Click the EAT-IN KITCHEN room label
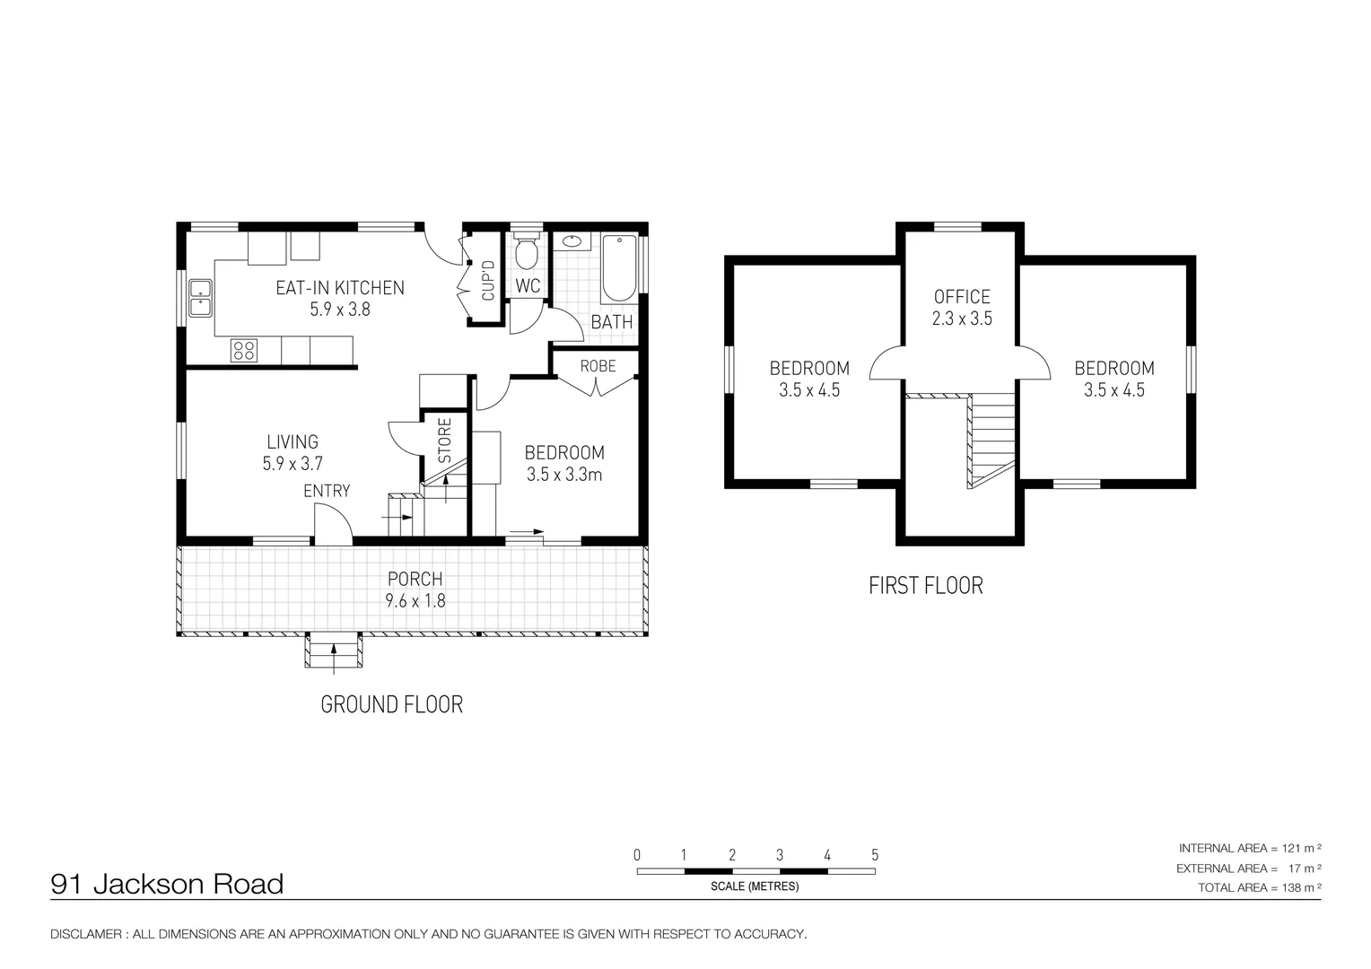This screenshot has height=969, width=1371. pos(339,288)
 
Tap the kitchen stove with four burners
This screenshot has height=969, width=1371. pos(244,350)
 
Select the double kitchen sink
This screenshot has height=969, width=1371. pos(199,298)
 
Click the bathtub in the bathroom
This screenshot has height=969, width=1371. pos(618,268)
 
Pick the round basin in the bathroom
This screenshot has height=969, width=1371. pos(571,241)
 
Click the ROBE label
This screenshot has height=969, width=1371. pos(598,366)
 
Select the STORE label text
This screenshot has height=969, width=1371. pos(445,441)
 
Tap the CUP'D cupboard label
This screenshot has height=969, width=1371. pos(488,280)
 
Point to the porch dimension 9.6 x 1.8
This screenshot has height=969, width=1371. pos(415,601)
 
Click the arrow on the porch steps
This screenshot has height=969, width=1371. pos(334,657)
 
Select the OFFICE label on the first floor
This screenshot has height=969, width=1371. pos(962,297)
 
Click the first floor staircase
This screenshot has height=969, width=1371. pos(991,440)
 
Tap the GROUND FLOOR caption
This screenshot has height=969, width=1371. pos(392,704)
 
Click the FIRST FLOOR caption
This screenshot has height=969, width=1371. pos(925,586)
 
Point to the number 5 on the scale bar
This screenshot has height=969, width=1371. pos(875,855)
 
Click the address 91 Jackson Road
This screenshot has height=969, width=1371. pos(167,884)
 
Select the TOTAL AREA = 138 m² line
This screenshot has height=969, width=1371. pos(1259,887)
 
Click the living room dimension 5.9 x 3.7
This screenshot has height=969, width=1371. pos(293,464)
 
